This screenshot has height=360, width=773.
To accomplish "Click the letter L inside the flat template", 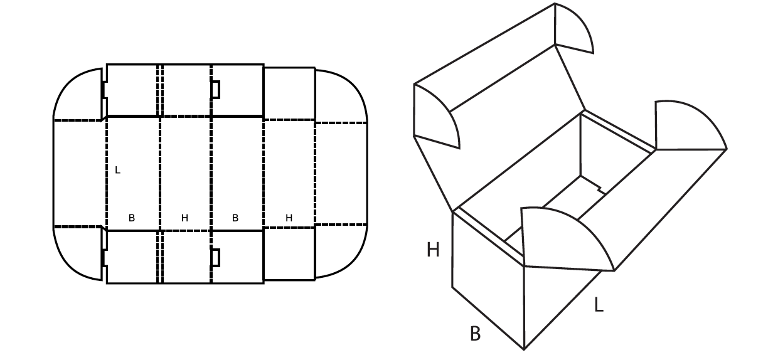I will coord(118,170).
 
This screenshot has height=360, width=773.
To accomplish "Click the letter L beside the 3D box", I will coord(599,305).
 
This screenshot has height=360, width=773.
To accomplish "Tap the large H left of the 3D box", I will coord(433,250).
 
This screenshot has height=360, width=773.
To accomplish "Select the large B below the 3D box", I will coord(476,334).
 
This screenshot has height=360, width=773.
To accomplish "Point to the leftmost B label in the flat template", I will coord(132,218).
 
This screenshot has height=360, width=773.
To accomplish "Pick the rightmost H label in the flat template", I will coord(289,218).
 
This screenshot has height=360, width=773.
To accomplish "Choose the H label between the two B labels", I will coord(184,218).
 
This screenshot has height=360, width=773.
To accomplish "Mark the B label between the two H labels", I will coord(235,218).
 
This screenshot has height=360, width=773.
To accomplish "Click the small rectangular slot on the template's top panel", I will coord(215,90).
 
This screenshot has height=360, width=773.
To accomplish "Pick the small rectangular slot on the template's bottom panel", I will coord(215,258).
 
